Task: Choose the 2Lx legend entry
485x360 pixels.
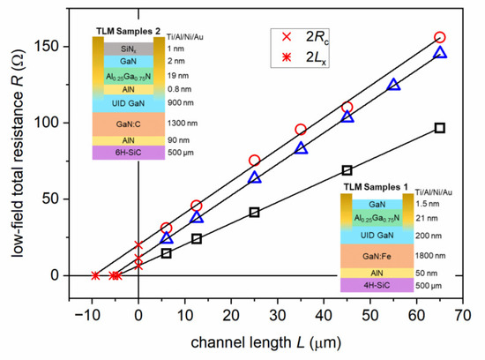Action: [301, 59]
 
